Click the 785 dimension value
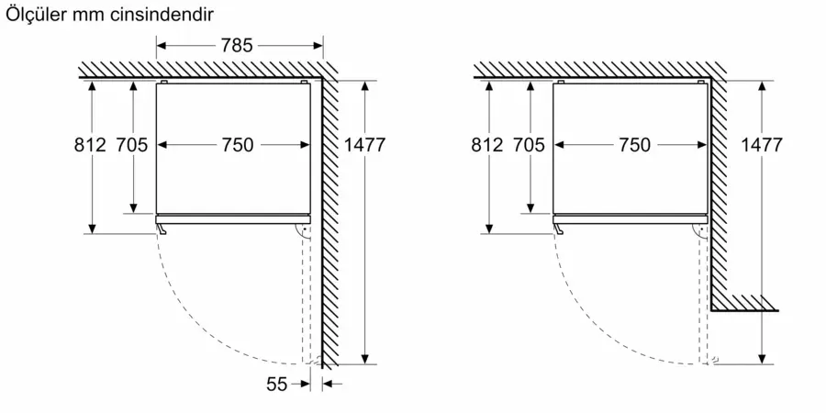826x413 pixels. (x=237, y=46)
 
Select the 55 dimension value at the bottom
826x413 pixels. (x=276, y=385)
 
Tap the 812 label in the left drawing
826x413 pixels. (x=90, y=144)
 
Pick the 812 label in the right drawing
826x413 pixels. (x=487, y=144)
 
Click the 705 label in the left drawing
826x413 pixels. (x=132, y=144)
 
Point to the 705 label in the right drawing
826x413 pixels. (x=529, y=144)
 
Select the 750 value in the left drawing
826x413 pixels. (x=237, y=145)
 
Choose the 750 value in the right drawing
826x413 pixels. (x=634, y=145)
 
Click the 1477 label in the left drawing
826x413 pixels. (x=364, y=144)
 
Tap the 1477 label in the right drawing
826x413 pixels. (x=762, y=144)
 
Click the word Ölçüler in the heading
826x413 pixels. (x=37, y=14)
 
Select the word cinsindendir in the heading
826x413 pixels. (x=162, y=15)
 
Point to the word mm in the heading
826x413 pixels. (x=90, y=17)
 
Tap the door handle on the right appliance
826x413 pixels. (x=558, y=229)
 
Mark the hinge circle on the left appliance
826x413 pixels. (x=303, y=230)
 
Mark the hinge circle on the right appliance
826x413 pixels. (x=700, y=230)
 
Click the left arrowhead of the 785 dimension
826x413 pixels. (x=162, y=46)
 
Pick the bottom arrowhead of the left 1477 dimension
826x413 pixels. (x=365, y=359)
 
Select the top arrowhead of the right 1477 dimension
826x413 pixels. (x=762, y=86)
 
